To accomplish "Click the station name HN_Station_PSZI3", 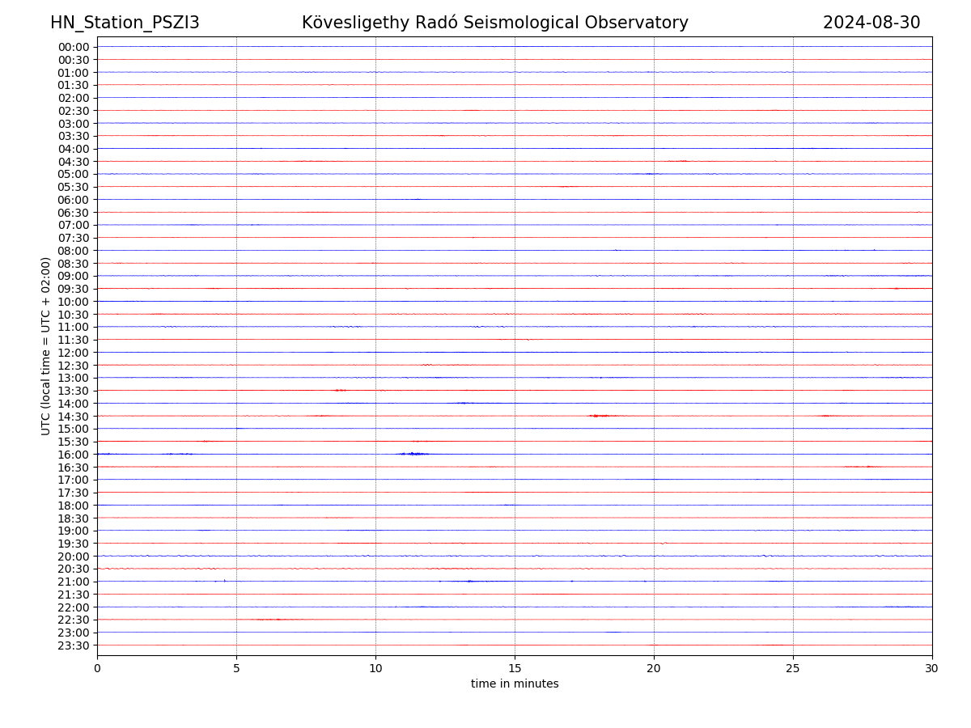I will point(125,23).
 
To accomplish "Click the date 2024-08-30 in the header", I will point(871,23).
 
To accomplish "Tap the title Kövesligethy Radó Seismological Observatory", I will point(494,23).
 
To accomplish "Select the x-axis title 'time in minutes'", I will point(515,684).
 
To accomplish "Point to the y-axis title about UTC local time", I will point(46,346).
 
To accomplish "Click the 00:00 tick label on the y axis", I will point(73,47).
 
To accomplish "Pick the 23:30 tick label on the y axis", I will point(73,645).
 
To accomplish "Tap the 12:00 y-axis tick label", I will point(73,353).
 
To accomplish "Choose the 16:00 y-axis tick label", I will point(73,455).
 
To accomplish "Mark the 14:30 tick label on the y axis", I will point(73,417).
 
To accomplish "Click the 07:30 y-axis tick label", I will point(73,238).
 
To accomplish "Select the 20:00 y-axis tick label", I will point(73,557).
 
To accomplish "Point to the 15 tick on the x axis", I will point(515,669).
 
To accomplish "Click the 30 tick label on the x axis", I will point(932,669).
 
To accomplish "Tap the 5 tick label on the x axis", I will point(236,669).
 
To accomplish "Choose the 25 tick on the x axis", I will point(793,669).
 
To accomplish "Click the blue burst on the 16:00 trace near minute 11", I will point(414,454).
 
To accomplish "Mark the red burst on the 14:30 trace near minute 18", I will point(600,416).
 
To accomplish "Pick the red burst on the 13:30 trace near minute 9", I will point(341,390).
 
